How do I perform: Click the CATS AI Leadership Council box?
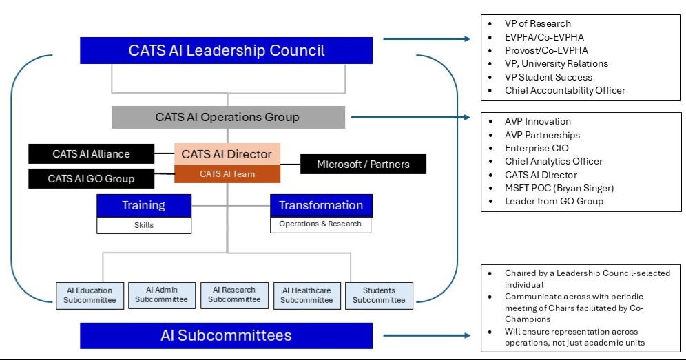click(x=227, y=51)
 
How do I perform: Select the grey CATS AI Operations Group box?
click(x=228, y=117)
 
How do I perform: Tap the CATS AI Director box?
click(x=227, y=154)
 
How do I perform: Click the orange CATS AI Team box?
click(x=227, y=174)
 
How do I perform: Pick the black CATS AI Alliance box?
click(x=91, y=154)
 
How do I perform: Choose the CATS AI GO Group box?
click(x=91, y=179)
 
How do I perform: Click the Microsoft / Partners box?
click(x=363, y=164)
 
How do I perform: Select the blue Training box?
click(x=143, y=205)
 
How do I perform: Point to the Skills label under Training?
click(x=143, y=224)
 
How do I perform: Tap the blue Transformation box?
click(x=320, y=205)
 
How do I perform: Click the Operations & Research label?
click(x=320, y=224)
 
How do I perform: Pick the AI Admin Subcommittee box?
click(x=161, y=295)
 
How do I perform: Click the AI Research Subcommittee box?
click(x=234, y=295)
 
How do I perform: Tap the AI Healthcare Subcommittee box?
click(x=306, y=295)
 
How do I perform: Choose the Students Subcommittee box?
click(x=379, y=295)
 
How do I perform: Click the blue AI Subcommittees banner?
click(x=226, y=336)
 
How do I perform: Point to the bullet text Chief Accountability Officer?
click(x=565, y=90)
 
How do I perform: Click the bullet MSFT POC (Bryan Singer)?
click(x=559, y=188)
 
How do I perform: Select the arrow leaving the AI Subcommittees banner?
click(x=427, y=336)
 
